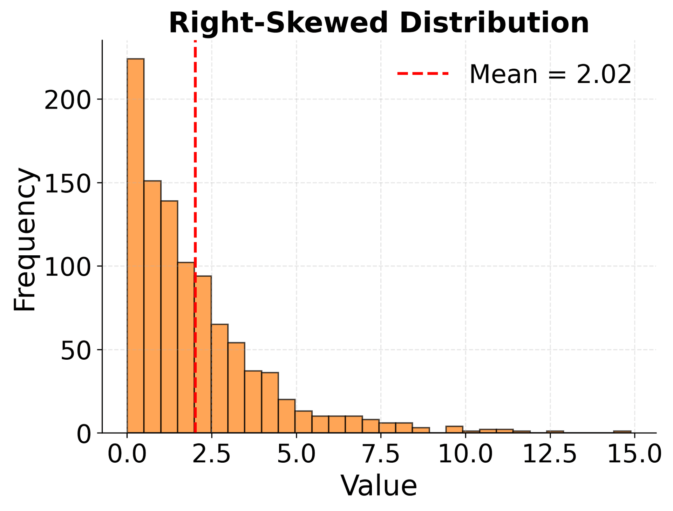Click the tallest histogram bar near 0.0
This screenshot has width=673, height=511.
tap(135, 245)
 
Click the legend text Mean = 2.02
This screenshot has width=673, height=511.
tap(550, 74)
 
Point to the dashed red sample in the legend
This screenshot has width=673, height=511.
tap(423, 74)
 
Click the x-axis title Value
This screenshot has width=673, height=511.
tap(379, 486)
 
